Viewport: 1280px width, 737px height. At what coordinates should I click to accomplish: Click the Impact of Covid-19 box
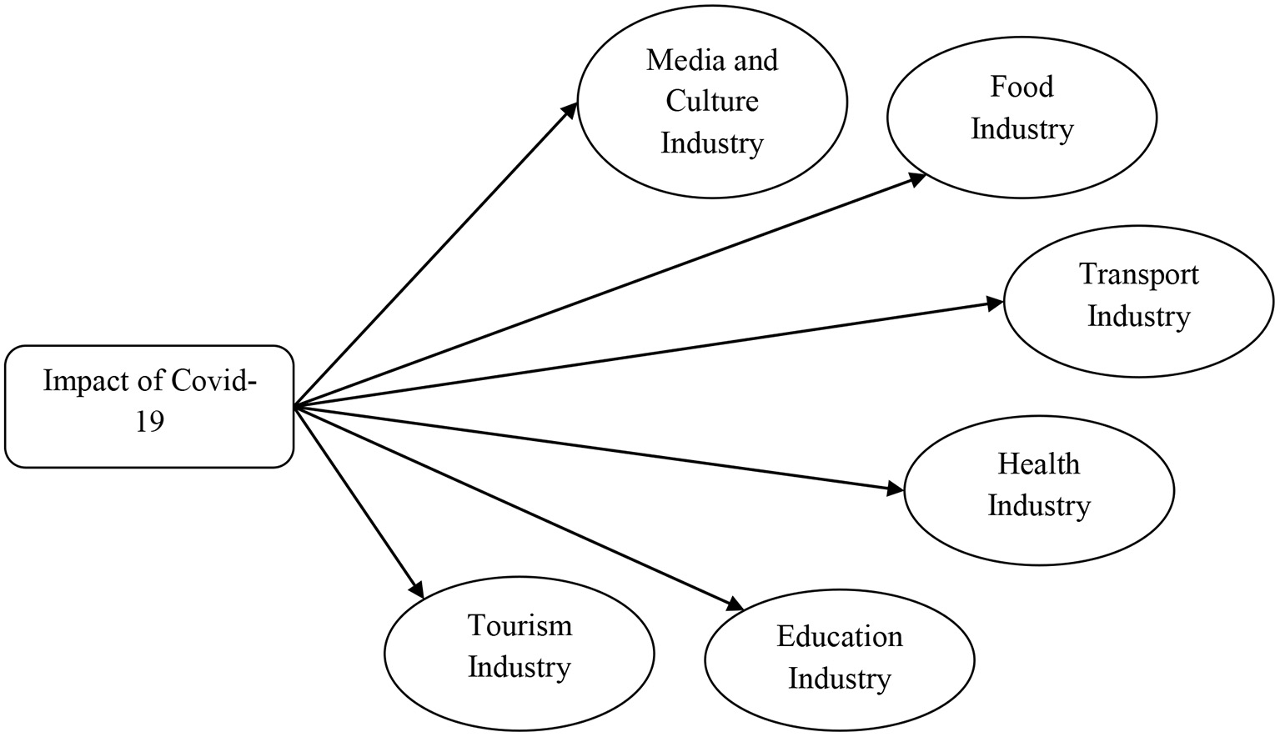149,406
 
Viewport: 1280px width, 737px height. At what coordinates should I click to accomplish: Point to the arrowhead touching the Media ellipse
570,111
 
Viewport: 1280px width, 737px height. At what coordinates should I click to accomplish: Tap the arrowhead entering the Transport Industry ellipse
994,303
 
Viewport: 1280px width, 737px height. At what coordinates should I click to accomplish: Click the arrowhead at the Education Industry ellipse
733,606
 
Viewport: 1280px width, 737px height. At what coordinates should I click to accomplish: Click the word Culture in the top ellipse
712,102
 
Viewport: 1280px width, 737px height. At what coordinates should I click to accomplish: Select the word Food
1021,87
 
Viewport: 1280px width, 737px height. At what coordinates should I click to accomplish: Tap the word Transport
1138,274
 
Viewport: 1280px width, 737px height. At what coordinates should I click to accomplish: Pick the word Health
1039,464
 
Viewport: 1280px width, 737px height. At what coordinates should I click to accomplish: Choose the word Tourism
519,625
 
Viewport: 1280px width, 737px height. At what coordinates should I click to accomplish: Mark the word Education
839,637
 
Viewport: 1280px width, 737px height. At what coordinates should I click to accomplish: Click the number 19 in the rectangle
150,422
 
